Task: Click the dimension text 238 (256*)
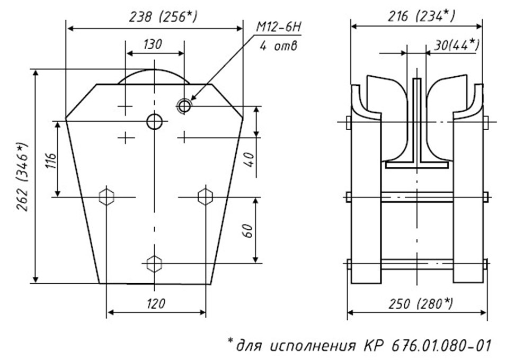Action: click(163, 17)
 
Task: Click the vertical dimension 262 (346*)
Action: click(23, 176)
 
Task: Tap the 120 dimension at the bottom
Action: click(155, 303)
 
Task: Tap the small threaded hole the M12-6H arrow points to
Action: click(184, 106)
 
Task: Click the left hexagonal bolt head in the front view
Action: click(107, 197)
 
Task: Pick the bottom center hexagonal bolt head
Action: click(154, 263)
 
